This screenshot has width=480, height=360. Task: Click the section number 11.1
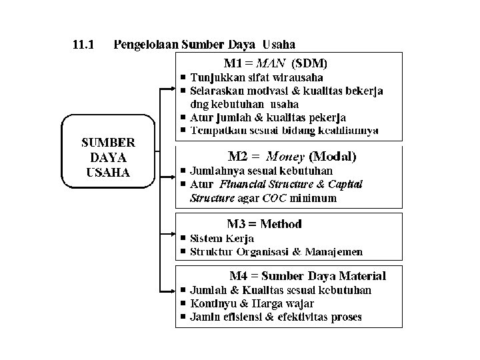[83, 45]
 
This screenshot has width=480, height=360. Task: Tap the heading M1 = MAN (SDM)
[275, 63]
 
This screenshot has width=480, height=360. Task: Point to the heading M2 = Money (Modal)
[292, 157]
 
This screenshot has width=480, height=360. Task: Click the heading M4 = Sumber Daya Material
[307, 275]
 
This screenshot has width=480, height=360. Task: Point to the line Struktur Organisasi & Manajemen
[276, 251]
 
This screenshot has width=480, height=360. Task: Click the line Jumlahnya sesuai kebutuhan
[252, 171]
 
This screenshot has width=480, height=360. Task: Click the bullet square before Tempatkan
[183, 131]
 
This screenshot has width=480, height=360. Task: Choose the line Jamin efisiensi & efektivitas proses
[275, 317]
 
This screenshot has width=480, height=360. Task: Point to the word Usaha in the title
[279, 45]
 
